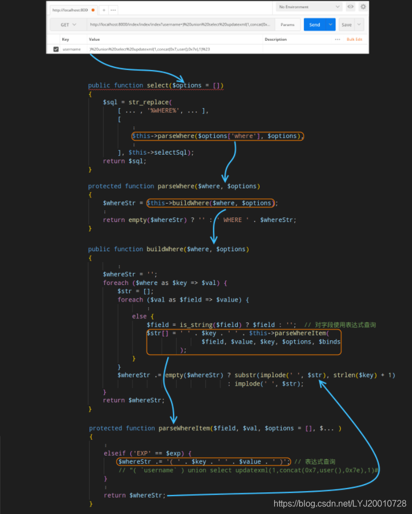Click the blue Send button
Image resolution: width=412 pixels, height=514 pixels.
click(x=314, y=24)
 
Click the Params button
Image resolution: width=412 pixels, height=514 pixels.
click(x=287, y=24)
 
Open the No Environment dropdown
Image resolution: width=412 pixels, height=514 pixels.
click(x=309, y=7)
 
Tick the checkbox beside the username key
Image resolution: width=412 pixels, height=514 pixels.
click(x=55, y=49)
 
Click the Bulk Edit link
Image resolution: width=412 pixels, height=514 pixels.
click(x=354, y=39)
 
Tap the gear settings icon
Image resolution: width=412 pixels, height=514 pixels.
click(x=363, y=7)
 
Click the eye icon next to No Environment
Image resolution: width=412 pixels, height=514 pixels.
click(x=351, y=7)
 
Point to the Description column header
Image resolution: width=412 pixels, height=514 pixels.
click(x=276, y=39)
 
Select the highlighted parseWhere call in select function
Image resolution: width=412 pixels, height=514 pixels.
click(x=217, y=136)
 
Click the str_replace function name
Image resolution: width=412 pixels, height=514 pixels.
click(x=148, y=102)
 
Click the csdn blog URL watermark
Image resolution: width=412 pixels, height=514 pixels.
click(x=340, y=504)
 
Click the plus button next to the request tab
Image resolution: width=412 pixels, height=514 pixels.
click(x=103, y=10)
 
